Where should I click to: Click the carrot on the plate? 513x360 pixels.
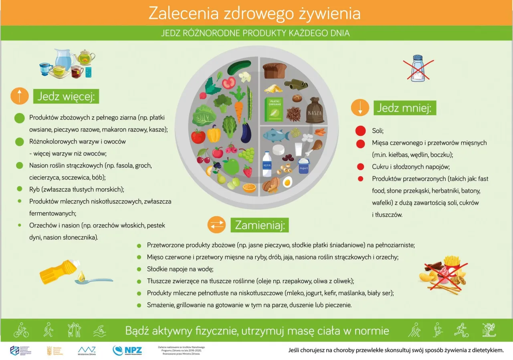pos(238,110)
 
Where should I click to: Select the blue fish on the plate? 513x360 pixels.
pos(276,135)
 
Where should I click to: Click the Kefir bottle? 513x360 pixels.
pos(267,164)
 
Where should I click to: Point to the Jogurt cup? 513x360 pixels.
pos(304,166)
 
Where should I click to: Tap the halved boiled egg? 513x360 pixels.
pos(287,182)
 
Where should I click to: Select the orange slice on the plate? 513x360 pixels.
pos(250,187)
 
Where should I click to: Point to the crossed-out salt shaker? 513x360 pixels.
pos(418,69)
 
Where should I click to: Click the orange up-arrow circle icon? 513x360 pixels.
pos(20,97)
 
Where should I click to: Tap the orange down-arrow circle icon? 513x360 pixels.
pos(360,108)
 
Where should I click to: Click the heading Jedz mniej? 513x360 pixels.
pos(404,108)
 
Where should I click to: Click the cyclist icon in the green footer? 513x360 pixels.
pos(21,330)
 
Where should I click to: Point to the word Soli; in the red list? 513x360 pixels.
pos(378,131)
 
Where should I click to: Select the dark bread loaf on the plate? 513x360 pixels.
pos(275,71)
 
